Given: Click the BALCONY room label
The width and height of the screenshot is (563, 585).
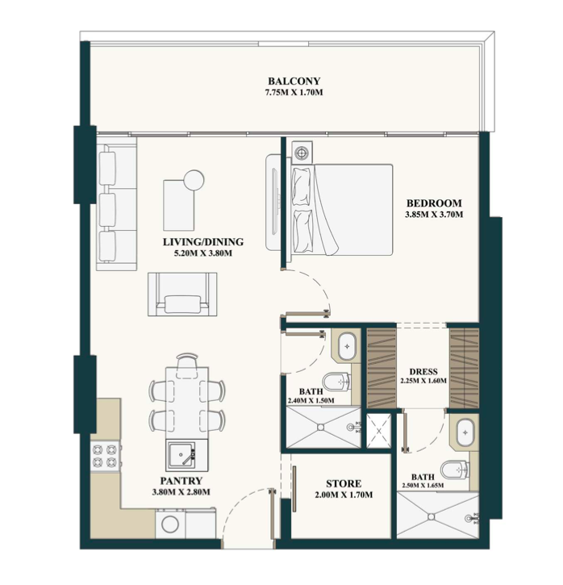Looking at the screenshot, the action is (294, 81).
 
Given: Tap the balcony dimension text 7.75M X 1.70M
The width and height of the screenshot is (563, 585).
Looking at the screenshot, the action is (294, 92).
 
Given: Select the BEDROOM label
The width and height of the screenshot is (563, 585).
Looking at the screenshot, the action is (434, 203).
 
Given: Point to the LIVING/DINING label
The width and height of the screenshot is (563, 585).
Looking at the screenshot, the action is (203, 242).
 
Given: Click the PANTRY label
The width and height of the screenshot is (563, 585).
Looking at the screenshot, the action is (181, 481).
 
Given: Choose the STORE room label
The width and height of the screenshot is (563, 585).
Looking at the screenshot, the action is (344, 483).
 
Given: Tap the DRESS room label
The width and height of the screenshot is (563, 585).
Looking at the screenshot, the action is (423, 372).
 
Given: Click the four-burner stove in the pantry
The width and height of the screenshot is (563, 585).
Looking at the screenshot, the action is (106, 456).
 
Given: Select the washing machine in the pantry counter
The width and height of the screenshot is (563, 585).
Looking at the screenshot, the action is (170, 524).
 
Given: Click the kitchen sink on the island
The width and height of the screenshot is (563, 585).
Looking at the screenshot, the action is (181, 455).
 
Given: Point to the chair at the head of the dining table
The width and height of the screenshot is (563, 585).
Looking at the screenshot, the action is (187, 366).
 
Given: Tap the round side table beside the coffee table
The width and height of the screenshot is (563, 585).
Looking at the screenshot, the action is (194, 180).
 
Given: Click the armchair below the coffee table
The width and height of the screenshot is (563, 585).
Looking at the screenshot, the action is (182, 295).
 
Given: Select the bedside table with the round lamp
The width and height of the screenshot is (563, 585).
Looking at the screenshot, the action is (302, 153).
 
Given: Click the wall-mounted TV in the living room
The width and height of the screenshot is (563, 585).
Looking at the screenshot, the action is (275, 203).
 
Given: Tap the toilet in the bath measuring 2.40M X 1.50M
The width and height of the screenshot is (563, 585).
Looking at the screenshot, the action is (336, 382).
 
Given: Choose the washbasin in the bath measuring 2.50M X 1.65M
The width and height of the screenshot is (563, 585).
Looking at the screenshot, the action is (465, 432).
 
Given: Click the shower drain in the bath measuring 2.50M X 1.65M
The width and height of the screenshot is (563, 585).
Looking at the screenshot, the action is (432, 516).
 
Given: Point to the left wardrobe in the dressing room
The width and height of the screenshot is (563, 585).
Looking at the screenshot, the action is (382, 368).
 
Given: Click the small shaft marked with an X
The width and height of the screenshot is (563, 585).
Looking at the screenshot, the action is (379, 431).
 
